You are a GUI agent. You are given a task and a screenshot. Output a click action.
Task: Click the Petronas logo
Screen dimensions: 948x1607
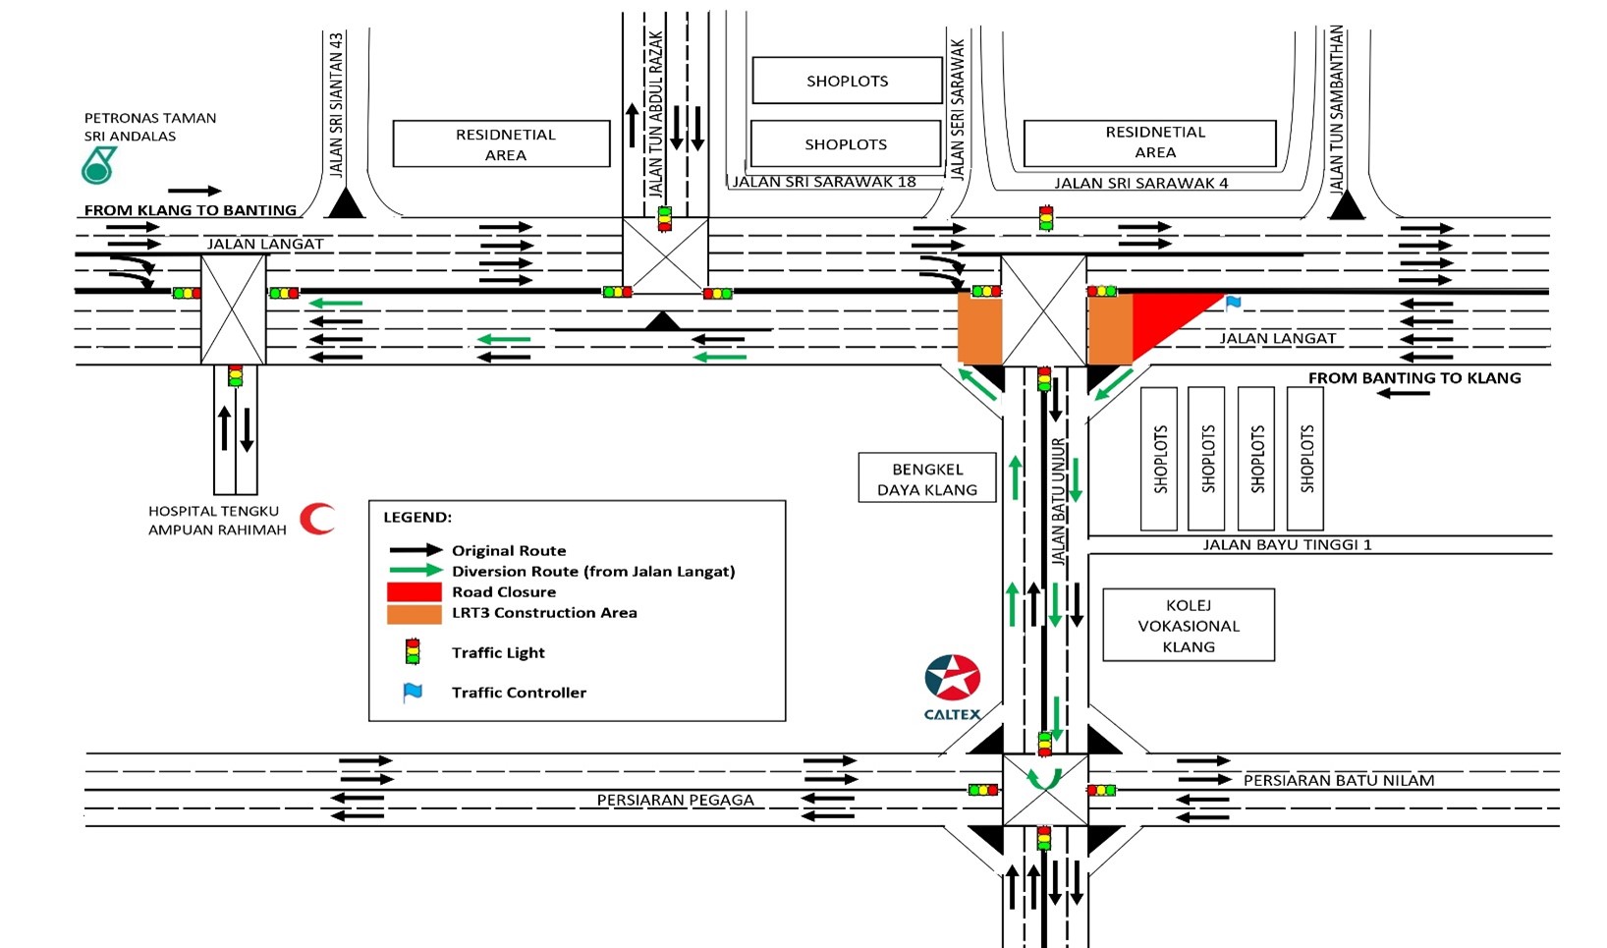[98, 165]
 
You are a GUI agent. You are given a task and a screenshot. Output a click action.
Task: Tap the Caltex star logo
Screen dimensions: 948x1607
[952, 678]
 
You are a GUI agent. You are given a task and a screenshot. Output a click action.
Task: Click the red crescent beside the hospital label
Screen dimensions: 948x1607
[316, 518]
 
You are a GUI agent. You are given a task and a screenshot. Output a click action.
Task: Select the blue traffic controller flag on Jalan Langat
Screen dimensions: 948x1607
[1233, 304]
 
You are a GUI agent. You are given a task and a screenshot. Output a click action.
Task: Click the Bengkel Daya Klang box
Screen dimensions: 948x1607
[927, 478]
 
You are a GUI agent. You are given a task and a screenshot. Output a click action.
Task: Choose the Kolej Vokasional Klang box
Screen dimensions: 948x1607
[1189, 626]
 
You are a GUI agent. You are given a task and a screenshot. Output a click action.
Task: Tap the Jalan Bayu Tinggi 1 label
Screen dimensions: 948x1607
[1287, 544]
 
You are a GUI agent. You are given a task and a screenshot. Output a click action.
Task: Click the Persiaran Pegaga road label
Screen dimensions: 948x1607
[675, 800]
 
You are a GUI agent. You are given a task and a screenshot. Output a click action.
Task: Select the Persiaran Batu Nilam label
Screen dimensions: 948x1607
[1338, 780]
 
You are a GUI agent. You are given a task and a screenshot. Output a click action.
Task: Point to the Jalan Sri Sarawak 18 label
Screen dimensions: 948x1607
[824, 182]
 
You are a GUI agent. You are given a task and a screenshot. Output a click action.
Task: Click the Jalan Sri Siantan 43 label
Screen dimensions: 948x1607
[337, 105]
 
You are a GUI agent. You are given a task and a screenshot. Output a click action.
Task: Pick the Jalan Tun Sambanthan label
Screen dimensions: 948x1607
[1336, 108]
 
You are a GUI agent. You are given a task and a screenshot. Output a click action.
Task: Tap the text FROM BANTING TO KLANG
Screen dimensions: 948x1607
[1413, 378]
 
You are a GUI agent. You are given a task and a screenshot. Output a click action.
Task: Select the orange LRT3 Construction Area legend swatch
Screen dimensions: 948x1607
[414, 614]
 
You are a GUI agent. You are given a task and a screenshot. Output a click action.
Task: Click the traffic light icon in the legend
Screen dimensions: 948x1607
[413, 652]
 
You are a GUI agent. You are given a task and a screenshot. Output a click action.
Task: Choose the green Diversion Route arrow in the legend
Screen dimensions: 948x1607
[416, 571]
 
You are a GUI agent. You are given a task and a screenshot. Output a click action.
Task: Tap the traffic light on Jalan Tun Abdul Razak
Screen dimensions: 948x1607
[665, 218]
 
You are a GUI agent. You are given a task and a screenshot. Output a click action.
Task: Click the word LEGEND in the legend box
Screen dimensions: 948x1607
[417, 517]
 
